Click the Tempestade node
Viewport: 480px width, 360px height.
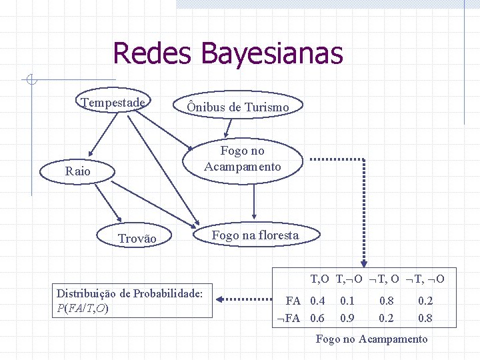(x=113, y=103)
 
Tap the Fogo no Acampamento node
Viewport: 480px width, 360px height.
(x=243, y=159)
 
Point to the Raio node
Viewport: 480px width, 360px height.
(x=77, y=171)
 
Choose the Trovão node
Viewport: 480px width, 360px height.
(x=137, y=239)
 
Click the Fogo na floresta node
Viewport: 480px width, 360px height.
(x=255, y=235)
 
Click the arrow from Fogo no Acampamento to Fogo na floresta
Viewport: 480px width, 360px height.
(x=254, y=201)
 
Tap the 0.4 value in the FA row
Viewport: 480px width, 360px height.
(x=317, y=301)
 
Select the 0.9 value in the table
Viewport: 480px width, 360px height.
(x=347, y=318)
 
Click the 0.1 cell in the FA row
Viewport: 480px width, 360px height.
(x=347, y=301)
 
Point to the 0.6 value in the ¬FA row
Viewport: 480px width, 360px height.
(x=317, y=318)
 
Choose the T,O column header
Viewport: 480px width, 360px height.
(x=319, y=278)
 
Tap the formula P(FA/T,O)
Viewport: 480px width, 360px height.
(x=83, y=308)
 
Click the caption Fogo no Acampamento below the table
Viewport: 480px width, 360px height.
(x=371, y=339)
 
